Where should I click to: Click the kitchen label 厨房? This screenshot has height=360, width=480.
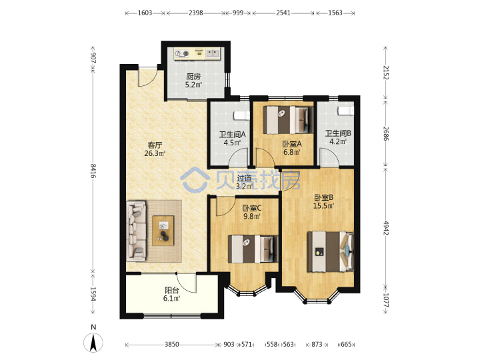point(193,77)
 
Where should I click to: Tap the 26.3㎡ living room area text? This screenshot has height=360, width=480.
point(155,153)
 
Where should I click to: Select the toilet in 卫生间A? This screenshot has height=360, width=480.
point(242,115)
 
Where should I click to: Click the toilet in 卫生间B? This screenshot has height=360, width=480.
point(345,111)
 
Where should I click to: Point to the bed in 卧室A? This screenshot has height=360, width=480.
point(288,120)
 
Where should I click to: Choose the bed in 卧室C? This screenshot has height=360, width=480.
point(253,249)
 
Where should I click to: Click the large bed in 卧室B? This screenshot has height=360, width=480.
point(331,251)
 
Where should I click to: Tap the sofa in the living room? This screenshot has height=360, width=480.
point(137,231)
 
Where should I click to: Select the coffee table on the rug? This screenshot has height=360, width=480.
point(163,231)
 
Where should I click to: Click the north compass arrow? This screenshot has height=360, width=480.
point(93,342)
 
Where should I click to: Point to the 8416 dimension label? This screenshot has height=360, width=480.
point(93,171)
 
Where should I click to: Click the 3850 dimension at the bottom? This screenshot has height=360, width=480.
point(172,345)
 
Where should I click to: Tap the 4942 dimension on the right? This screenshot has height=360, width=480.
point(386,228)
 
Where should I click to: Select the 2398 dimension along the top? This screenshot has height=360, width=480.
point(195,13)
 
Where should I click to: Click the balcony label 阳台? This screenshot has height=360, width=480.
point(172,290)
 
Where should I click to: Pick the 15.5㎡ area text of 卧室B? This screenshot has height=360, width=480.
point(323,206)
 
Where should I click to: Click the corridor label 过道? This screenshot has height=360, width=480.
point(244,178)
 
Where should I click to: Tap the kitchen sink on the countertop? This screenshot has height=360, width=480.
point(213,53)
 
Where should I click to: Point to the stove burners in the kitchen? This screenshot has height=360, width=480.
point(182,53)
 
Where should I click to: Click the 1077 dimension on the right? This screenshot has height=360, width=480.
point(386,300)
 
